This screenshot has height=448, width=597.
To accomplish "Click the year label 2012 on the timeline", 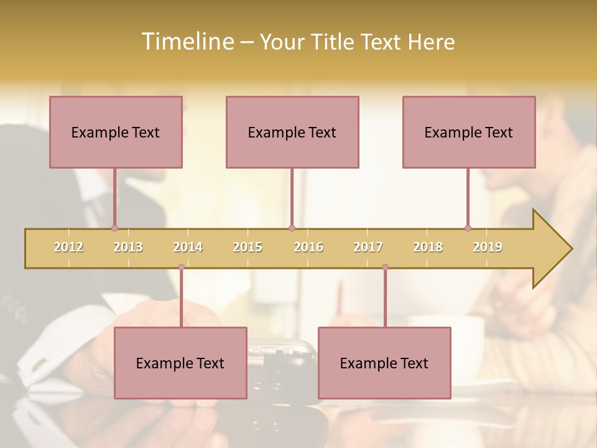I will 68,247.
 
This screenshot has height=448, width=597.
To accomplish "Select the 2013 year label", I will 128,247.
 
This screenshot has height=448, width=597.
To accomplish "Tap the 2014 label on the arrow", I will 188,247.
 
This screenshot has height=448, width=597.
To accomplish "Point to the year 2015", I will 248,247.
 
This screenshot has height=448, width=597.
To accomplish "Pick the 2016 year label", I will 308,247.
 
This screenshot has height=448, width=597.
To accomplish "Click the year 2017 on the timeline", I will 368,247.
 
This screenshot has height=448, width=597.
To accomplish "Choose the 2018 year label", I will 428,247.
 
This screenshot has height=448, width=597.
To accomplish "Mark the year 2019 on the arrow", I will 488,247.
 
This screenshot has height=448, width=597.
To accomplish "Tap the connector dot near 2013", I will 114,228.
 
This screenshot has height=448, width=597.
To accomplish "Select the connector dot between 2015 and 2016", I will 292,228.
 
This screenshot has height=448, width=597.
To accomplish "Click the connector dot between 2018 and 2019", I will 468,228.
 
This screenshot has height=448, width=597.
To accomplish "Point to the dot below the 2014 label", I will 181,268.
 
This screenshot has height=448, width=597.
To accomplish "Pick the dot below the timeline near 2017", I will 385,268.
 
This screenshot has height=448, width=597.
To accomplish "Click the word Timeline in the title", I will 187,42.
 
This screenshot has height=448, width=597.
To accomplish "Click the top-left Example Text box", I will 116,132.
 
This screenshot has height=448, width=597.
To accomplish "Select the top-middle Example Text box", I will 292,132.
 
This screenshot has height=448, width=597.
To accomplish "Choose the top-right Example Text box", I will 469,132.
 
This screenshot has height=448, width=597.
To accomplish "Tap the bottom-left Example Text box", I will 180,363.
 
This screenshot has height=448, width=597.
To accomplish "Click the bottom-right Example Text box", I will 384,363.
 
